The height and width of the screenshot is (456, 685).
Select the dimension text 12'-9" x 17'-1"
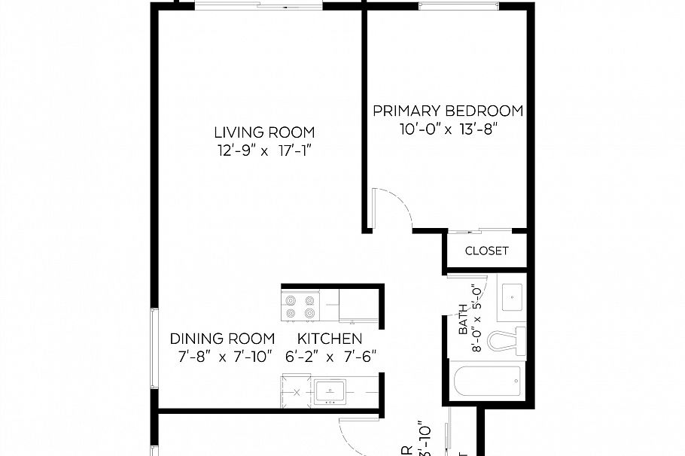click(263, 150)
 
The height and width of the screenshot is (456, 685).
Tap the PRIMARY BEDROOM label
click(448, 111)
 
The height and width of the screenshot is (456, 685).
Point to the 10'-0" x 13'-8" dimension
click(449, 129)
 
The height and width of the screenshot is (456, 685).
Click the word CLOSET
click(486, 251)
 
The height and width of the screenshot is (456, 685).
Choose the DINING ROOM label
click(222, 339)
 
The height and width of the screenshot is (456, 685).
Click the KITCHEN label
click(330, 339)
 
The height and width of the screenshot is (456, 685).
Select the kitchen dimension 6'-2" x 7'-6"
click(330, 357)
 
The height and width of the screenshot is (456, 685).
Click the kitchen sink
click(330, 392)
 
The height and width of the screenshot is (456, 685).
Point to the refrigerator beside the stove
click(357, 306)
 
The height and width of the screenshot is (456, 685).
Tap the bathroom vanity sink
click(511, 296)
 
